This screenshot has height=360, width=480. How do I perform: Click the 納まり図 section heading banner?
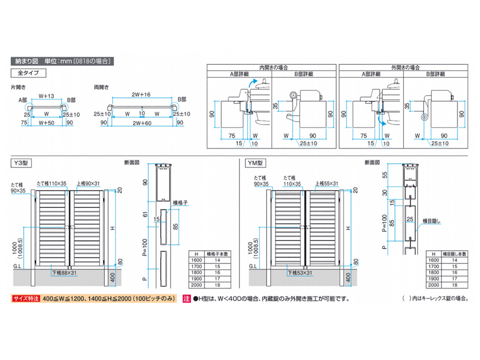(x=60, y=61)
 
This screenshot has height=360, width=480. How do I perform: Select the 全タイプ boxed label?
(x=28, y=73)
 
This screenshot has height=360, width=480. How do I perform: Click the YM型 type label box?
(x=255, y=163)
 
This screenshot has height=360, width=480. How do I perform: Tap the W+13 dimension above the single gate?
(x=46, y=96)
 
